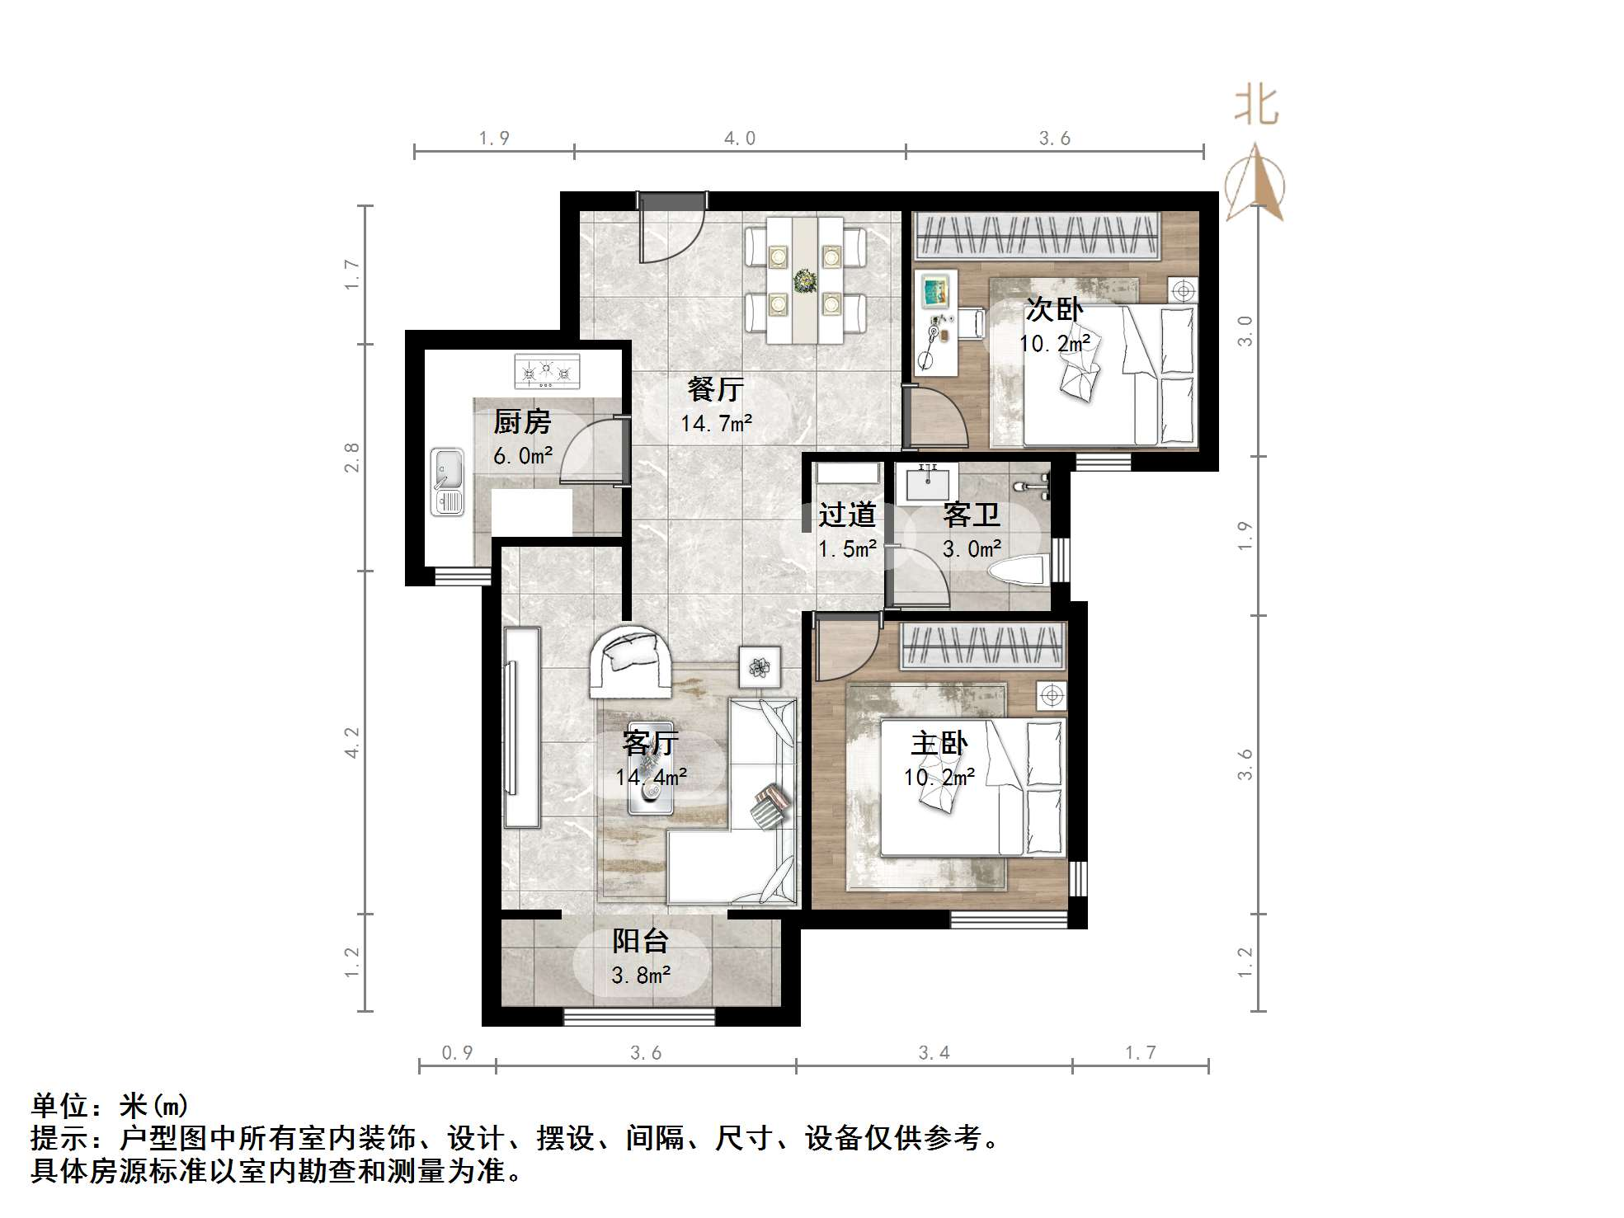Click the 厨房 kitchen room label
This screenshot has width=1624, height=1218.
(x=521, y=422)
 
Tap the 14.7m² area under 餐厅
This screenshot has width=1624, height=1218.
(x=716, y=424)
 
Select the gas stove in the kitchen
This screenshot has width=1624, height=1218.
(x=547, y=371)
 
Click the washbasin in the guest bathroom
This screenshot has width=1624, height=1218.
(x=931, y=483)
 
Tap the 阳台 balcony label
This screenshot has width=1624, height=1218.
(x=640, y=941)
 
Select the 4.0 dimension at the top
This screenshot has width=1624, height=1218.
(x=740, y=139)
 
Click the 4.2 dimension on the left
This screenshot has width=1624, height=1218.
(x=352, y=742)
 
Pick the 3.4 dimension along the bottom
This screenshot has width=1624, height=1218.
(x=934, y=1053)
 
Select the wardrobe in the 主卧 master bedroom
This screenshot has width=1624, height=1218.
(x=981, y=646)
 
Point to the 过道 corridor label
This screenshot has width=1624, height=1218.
(x=847, y=515)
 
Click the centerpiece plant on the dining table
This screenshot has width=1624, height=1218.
(x=804, y=280)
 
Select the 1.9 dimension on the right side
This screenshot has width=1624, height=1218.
(x=1245, y=536)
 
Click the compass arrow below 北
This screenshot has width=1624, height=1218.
(x=1254, y=183)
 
